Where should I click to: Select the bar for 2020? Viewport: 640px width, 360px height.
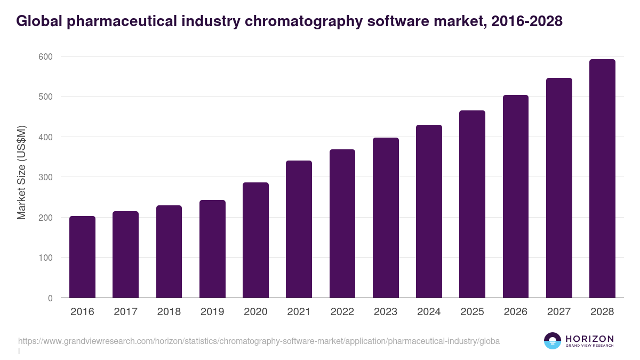[255, 240]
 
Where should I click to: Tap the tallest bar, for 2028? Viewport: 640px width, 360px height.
[602, 179]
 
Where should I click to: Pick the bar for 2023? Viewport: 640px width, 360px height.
[386, 218]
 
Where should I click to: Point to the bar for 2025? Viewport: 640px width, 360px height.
[472, 204]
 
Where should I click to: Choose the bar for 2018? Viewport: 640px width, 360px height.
[169, 251]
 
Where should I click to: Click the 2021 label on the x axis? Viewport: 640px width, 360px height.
[299, 312]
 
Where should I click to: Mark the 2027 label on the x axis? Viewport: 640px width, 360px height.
[558, 312]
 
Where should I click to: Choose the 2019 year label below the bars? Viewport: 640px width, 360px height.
[212, 312]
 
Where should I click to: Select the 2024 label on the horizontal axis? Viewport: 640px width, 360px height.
[429, 312]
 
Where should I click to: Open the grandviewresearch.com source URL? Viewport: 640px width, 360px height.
[259, 341]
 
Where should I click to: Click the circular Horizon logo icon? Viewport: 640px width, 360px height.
[553, 341]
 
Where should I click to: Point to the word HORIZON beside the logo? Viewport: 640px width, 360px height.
[589, 339]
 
